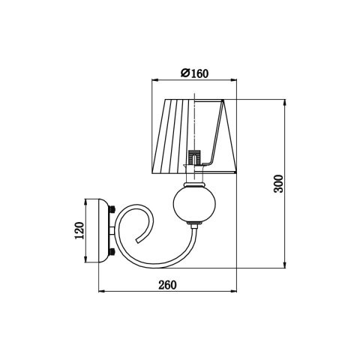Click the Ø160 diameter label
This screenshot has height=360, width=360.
pos(194,73)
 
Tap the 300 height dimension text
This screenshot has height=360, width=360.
pos(277,185)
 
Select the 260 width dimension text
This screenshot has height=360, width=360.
pos(167,285)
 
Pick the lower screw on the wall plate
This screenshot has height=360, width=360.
pos(112,253)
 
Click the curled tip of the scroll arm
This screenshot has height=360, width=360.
pos(140,237)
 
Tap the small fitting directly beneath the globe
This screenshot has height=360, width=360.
pos(194,224)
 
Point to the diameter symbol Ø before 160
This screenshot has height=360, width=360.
pos(184,73)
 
